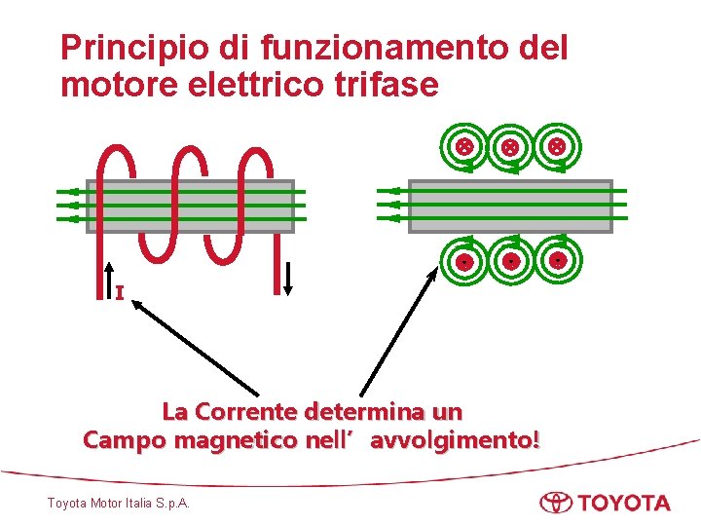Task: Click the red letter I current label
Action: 119,292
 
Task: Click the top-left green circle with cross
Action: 465,147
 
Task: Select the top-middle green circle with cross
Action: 510,147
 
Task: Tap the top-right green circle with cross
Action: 557,147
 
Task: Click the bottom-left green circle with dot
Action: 465,262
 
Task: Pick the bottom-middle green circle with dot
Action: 510,262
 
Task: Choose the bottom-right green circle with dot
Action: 557,262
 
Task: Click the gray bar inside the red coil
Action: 191,206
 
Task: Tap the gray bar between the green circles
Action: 510,206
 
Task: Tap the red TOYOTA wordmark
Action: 623,504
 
